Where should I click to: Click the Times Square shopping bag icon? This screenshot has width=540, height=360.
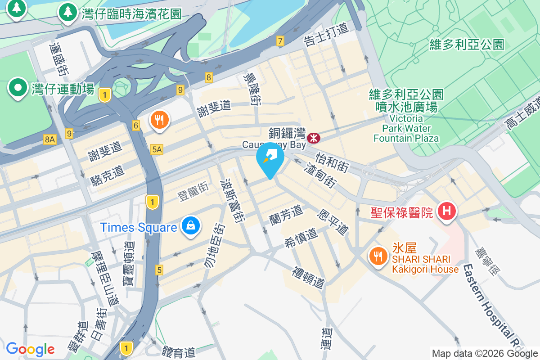(x=191, y=225)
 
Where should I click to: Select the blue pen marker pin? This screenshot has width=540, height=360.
(x=270, y=157)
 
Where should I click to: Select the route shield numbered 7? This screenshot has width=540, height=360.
(x=280, y=41)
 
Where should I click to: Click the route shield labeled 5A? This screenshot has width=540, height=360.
(x=157, y=149)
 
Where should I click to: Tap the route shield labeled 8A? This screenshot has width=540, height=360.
(x=49, y=139)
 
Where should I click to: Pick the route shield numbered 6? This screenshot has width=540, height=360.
(x=136, y=126)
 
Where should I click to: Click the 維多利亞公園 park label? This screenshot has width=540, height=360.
(x=467, y=44)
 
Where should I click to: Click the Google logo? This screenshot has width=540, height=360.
(x=30, y=349)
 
